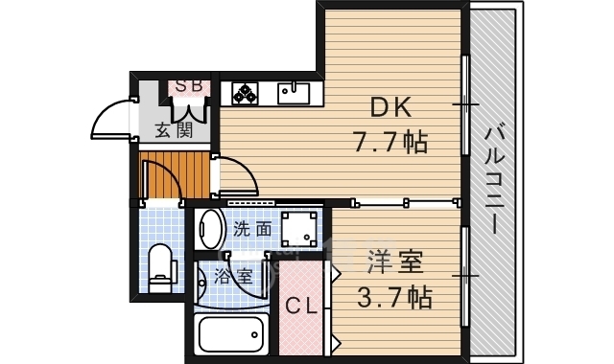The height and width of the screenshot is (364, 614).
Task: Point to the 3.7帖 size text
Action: click(392, 296)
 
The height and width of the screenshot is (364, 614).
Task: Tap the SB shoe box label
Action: click(188, 87)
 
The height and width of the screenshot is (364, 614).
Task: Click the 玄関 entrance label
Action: click(174, 130)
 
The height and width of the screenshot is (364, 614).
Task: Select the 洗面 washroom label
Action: click(252, 230)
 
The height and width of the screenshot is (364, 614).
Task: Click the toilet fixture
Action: click(160, 266)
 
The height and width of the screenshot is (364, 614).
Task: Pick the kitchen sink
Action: click(294, 93)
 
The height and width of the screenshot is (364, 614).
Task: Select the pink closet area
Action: click(304, 307)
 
